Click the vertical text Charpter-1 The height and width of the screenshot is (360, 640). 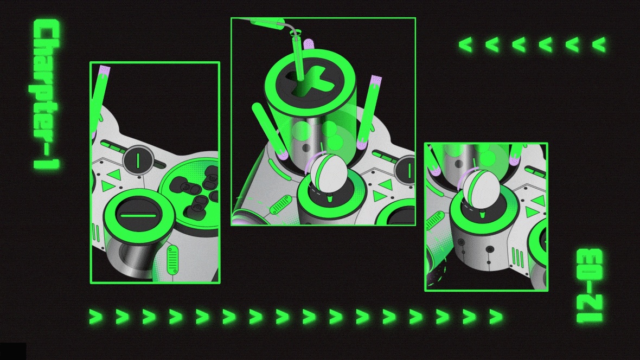(47, 94)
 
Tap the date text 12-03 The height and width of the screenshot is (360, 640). (589, 285)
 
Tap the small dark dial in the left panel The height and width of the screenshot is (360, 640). (138, 160)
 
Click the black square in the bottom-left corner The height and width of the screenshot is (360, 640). (13, 351)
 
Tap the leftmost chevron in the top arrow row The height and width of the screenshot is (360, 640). (466, 44)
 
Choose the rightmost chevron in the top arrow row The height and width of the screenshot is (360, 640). (599, 44)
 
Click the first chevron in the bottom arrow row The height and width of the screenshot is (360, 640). (96, 316)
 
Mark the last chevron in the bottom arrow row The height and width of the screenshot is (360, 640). (496, 316)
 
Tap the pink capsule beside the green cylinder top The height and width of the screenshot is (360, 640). (308, 44)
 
